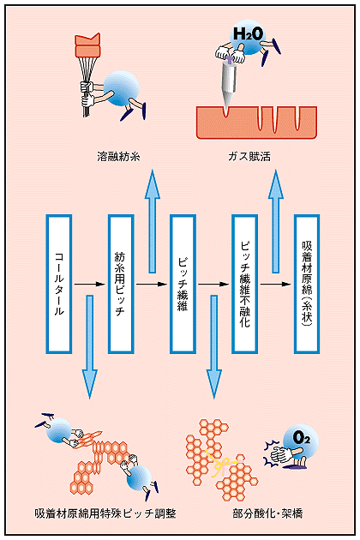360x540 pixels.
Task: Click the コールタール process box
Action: pyautogui.click(x=59, y=284)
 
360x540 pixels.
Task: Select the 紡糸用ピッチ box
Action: pyautogui.click(x=121, y=284)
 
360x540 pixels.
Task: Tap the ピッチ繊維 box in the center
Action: pyautogui.click(x=183, y=284)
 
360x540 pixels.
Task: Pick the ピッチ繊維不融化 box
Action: pyautogui.click(x=244, y=284)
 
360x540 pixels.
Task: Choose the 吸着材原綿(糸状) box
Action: pyautogui.click(x=307, y=284)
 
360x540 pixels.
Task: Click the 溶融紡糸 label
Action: pyautogui.click(x=118, y=157)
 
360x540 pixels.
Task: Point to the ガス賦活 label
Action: pyautogui.click(x=249, y=157)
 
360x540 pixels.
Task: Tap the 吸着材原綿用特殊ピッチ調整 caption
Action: pyautogui.click(x=105, y=513)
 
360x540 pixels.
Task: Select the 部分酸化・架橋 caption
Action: pyautogui.click(x=267, y=513)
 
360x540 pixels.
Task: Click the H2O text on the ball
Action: pyautogui.click(x=248, y=33)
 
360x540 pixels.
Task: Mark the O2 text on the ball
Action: pyautogui.click(x=302, y=437)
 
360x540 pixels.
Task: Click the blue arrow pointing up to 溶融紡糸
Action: pyautogui.click(x=153, y=221)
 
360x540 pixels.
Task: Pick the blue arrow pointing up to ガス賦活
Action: pyautogui.click(x=276, y=221)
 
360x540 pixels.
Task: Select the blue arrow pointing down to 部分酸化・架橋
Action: pyautogui.click(x=214, y=347)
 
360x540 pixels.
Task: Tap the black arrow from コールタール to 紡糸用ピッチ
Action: pyautogui.click(x=89, y=284)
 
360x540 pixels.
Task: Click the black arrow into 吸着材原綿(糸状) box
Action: pyautogui.click(x=276, y=284)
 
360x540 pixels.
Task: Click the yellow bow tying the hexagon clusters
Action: pyautogui.click(x=223, y=462)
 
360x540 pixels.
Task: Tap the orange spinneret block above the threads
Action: pyautogui.click(x=87, y=45)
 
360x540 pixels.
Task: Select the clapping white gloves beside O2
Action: pyautogui.click(x=281, y=455)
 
